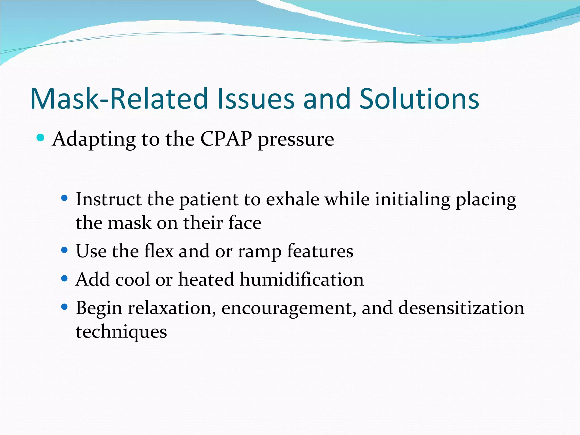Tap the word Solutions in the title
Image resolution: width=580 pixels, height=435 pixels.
coord(419,99)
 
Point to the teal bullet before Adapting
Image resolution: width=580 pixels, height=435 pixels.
coord(41,138)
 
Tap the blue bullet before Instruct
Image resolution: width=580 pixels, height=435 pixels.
coord(65,198)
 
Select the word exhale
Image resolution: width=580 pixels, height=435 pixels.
coord(293,199)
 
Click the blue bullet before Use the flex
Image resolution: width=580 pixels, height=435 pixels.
coord(65,250)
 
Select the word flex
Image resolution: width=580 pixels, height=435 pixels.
coord(159,251)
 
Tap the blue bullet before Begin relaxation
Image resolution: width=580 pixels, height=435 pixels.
coord(65,306)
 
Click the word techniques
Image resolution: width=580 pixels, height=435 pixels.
coord(121,332)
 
